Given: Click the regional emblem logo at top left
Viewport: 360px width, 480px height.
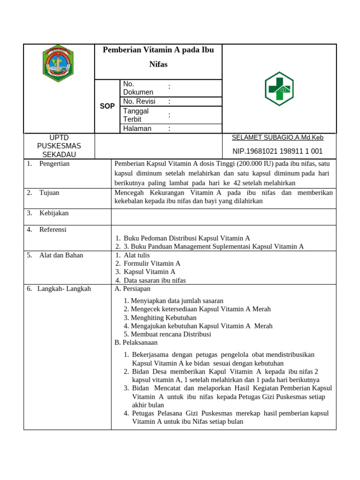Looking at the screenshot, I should (58, 64).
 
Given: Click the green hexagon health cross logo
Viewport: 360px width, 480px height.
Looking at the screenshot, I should (279, 89).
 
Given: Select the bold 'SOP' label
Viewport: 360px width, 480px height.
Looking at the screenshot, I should (107, 106).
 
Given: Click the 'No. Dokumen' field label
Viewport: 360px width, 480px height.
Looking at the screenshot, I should (138, 88).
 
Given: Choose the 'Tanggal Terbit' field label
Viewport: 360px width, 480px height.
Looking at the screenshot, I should (136, 115).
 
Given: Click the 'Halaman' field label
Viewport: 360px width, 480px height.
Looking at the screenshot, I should (137, 128).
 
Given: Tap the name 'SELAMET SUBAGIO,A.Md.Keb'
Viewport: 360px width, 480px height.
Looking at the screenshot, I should (277, 138).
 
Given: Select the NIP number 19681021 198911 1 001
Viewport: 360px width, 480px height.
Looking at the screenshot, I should (277, 151).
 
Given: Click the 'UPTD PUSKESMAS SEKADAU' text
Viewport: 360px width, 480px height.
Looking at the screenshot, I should (59, 146).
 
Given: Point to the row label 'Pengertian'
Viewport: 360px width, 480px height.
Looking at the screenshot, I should (54, 164).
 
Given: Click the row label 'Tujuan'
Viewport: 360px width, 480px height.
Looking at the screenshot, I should (49, 193).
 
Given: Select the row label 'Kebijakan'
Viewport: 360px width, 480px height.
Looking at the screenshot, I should (54, 213).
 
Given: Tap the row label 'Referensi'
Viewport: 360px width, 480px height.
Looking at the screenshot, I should (53, 230).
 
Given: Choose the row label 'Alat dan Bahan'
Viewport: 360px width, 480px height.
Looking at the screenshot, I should (61, 255).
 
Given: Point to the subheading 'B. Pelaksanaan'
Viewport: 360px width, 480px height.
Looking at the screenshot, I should (136, 343).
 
